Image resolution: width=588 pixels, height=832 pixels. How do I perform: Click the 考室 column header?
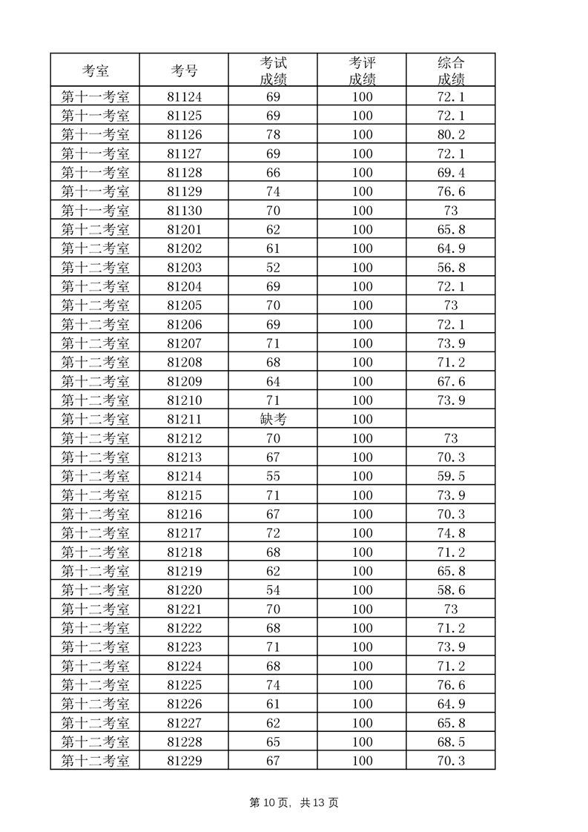tap(95, 71)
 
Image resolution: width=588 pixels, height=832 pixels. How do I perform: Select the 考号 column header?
tap(184, 71)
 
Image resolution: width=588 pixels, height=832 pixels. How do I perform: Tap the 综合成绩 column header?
tap(451, 71)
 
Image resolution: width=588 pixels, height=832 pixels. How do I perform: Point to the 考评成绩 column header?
tap(362, 71)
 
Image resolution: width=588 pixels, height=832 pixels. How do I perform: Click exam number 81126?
tap(184, 135)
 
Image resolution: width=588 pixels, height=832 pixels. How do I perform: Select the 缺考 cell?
tap(273, 420)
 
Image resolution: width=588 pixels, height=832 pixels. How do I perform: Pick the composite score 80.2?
tap(451, 135)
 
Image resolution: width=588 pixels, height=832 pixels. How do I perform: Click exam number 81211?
tap(184, 420)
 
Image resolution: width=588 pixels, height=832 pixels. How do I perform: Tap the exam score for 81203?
tap(273, 268)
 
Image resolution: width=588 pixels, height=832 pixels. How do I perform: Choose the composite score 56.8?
tap(451, 268)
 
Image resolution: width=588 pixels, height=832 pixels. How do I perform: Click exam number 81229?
tap(184, 761)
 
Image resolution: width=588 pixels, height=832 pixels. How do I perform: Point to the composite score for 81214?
tap(451, 476)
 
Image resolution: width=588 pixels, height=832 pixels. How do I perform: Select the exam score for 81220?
tap(273, 590)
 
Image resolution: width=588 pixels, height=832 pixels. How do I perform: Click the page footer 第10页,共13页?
tap(294, 803)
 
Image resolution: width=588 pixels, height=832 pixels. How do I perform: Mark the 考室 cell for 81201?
tap(95, 230)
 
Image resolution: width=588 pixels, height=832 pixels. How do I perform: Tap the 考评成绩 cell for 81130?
tap(362, 211)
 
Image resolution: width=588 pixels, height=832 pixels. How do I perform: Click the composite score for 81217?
tap(451, 533)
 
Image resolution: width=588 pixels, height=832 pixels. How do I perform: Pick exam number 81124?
tap(184, 97)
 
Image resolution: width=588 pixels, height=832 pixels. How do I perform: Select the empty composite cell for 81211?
tap(451, 420)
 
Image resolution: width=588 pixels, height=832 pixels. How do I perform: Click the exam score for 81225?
tap(273, 685)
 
